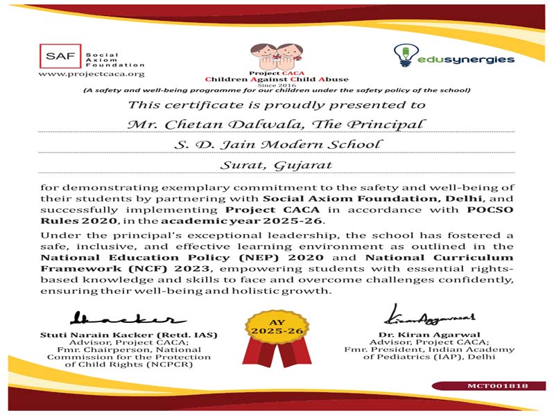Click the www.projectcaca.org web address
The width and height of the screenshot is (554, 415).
tap(92, 73)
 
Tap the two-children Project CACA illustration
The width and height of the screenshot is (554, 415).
tap(276, 54)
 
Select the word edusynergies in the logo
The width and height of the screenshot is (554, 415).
tap(466, 60)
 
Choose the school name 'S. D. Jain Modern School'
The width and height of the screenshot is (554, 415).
tap(277, 144)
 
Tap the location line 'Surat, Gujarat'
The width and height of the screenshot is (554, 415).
tap(276, 165)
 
